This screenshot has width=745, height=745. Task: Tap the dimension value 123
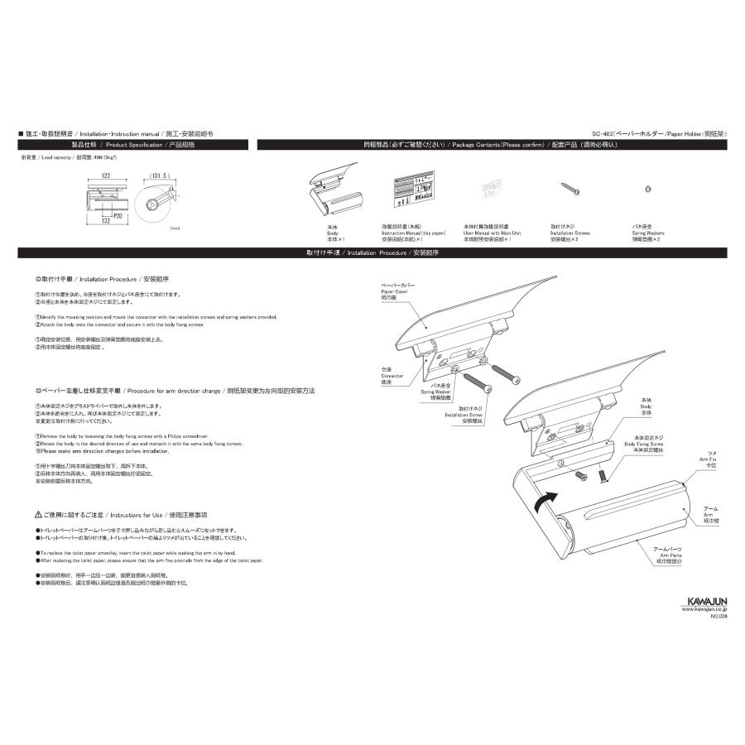[107, 175]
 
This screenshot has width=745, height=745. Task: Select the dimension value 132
[106, 221]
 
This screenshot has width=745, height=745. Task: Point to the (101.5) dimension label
[160, 175]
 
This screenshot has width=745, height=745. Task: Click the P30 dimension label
[119, 214]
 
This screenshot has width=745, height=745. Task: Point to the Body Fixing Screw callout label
[644, 443]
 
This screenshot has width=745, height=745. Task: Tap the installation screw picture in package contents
[570, 189]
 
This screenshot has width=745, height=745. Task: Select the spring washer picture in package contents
[646, 189]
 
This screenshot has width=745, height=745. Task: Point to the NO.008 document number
[717, 617]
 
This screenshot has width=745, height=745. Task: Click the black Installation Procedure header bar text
[372, 252]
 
